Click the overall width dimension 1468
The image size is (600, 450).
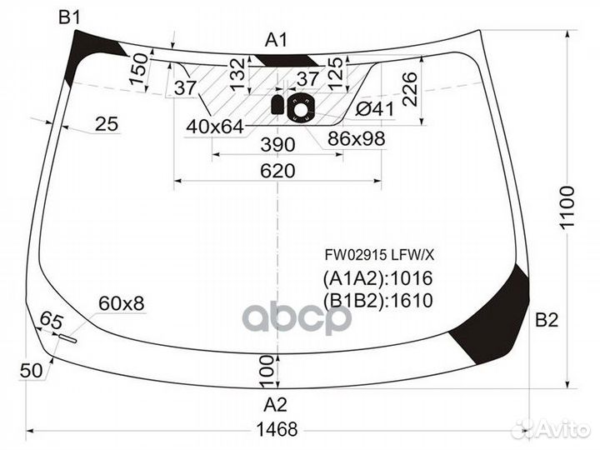[x=277, y=428]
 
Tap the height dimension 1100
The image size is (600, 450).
[x=568, y=204]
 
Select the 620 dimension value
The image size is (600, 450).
[x=277, y=171]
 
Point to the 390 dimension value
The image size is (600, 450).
[x=277, y=145]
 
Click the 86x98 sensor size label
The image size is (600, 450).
[x=357, y=138]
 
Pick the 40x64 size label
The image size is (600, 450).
[x=215, y=127]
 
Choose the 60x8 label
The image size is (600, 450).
[x=121, y=304]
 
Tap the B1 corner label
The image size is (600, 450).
[x=69, y=17]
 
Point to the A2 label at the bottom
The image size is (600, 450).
[x=276, y=405]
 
